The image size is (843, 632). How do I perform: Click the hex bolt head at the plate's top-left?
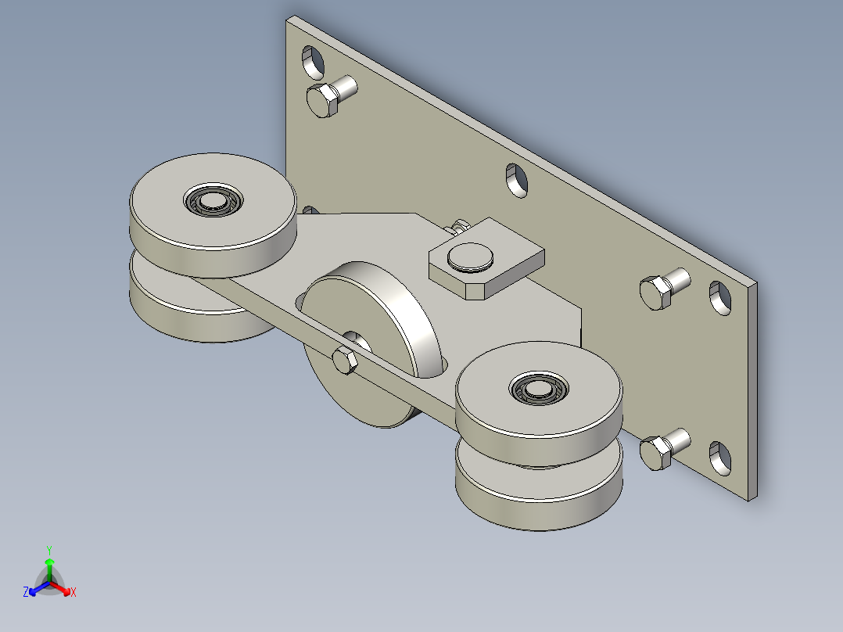coord(322,100)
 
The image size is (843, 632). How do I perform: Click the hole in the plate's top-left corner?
coord(313,63)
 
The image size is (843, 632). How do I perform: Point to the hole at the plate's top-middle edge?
coord(517,180)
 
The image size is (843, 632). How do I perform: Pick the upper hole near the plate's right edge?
coord(720,298)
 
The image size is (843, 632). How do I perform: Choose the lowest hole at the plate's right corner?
coord(720,458)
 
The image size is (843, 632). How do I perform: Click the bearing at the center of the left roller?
coord(213,200)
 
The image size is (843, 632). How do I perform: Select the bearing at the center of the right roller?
coord(540,388)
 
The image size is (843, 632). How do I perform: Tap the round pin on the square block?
coord(471,257)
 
